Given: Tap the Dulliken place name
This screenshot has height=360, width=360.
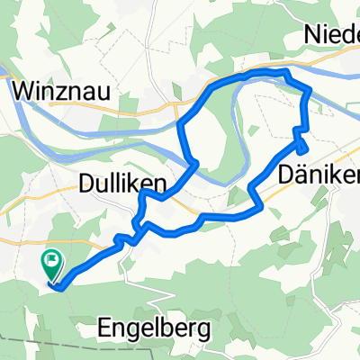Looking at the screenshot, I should click(x=129, y=184).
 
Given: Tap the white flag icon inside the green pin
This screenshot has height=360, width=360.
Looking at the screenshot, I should click(x=51, y=262).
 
